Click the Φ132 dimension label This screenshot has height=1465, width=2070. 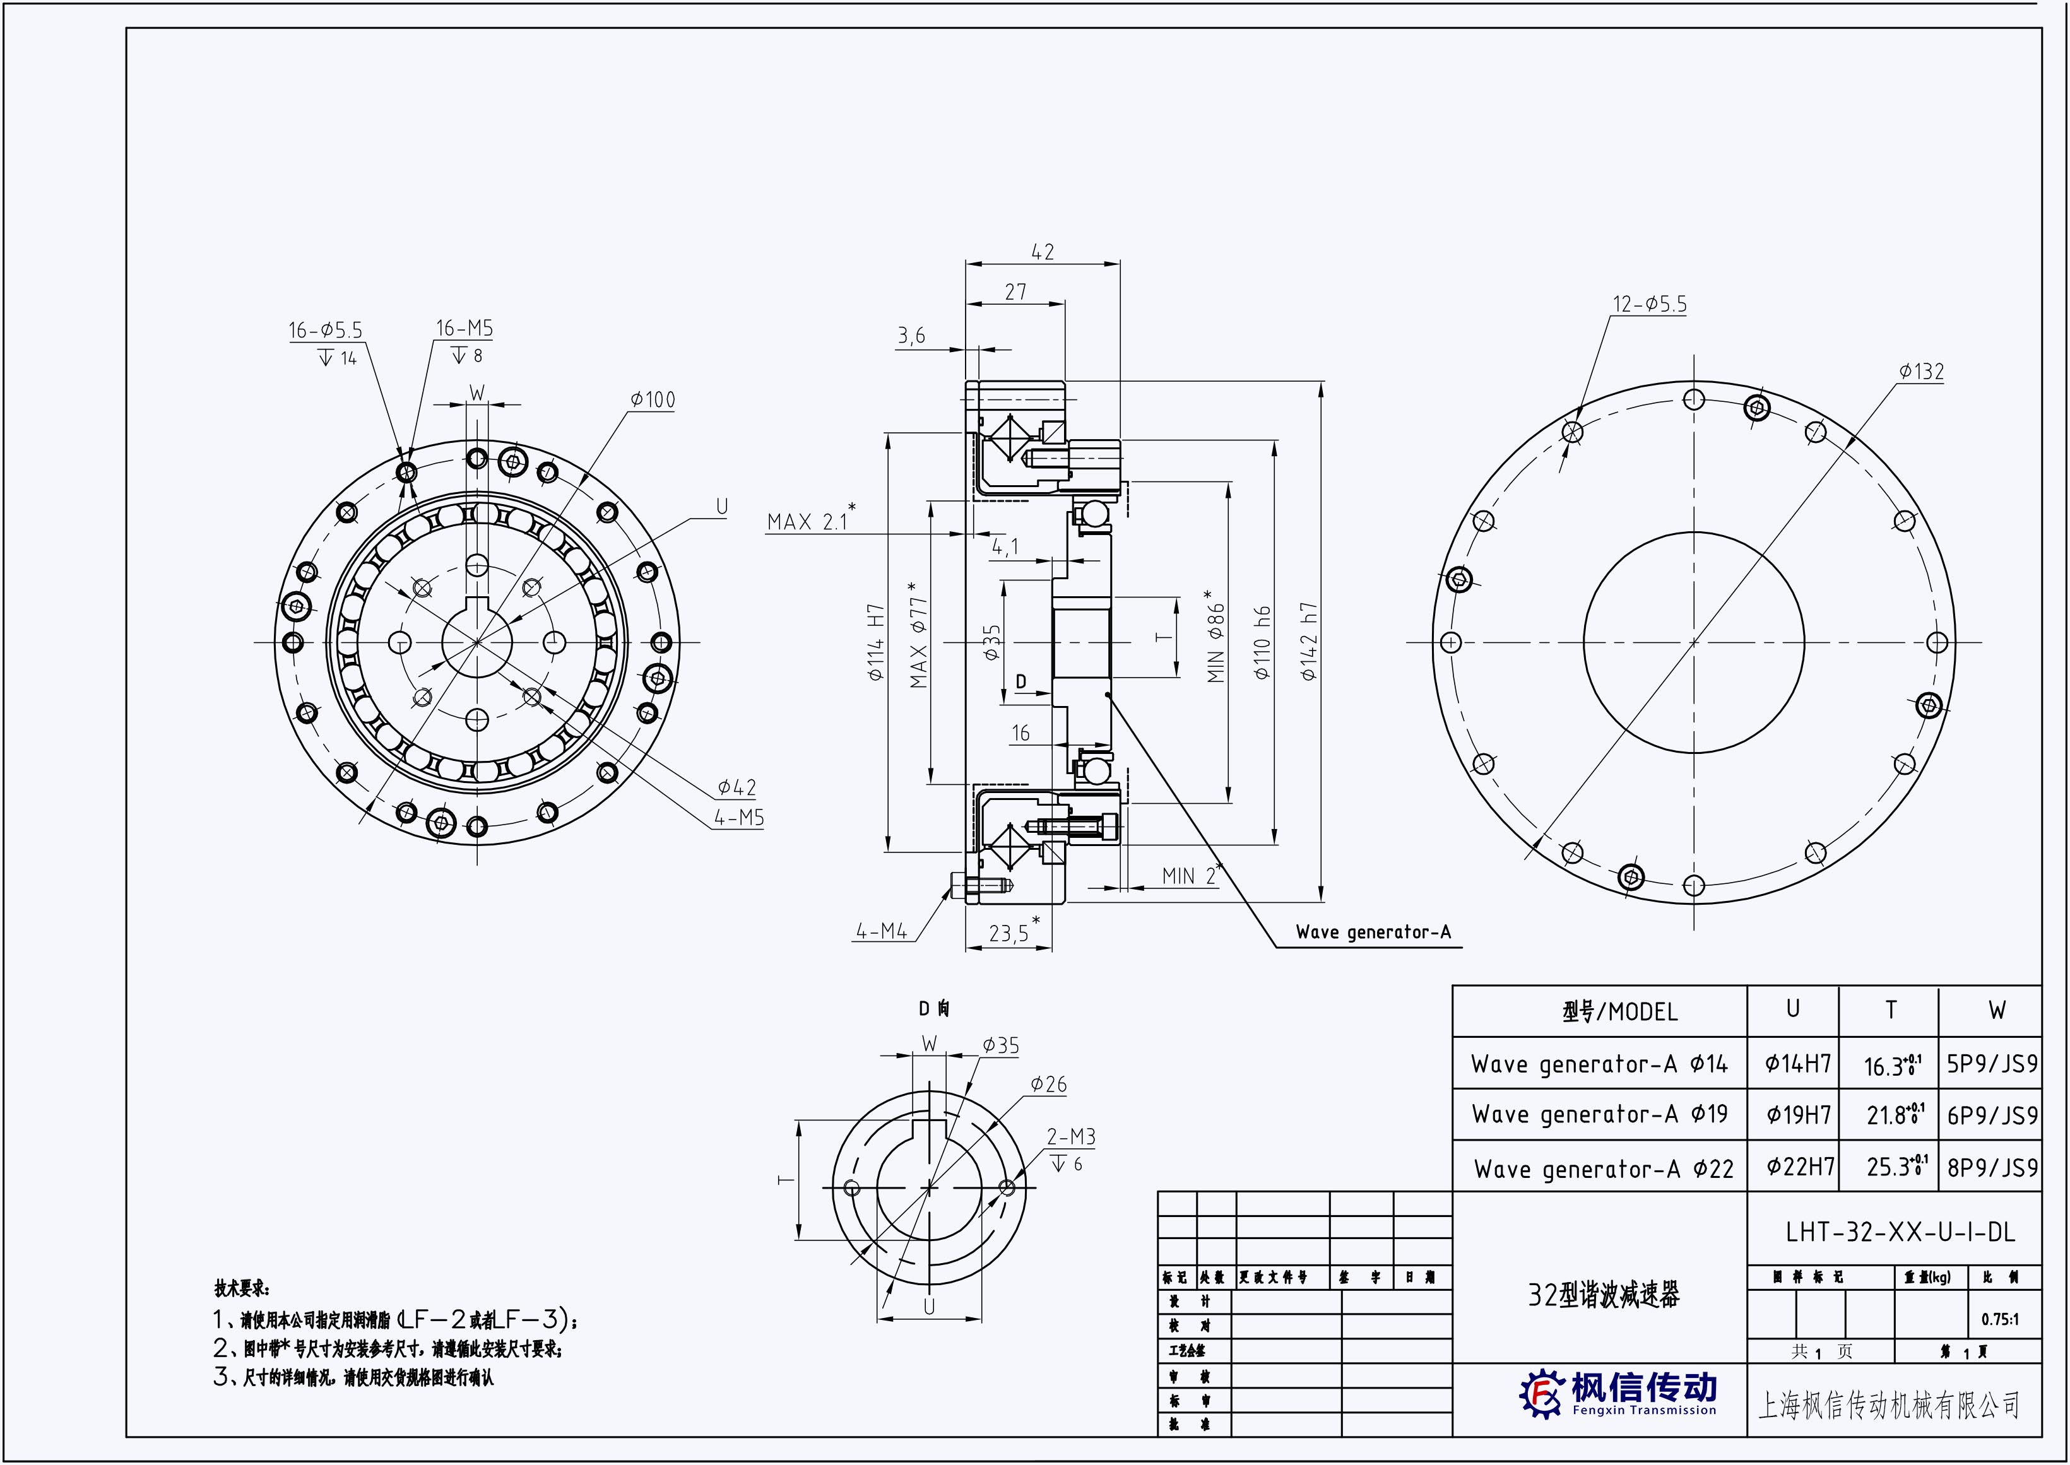tap(1921, 372)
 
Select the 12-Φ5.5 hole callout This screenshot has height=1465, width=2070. tap(1650, 305)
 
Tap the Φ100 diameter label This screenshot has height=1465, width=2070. tap(653, 399)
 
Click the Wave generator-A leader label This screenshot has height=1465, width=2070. tap(1373, 932)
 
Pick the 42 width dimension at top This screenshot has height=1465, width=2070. tap(1042, 252)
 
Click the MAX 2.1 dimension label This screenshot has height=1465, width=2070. tap(808, 521)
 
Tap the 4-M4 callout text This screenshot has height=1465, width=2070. tap(882, 931)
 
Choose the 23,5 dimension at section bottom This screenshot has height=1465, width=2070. tap(1009, 933)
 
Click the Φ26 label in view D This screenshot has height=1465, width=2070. tap(1048, 1085)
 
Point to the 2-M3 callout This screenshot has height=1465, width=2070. tap(1071, 1137)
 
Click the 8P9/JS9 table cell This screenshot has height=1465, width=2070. tap(1992, 1167)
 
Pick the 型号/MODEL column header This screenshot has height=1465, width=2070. tap(1620, 1012)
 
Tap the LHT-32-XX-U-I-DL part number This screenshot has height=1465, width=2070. tap(1900, 1232)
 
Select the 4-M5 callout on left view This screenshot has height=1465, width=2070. tap(739, 818)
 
